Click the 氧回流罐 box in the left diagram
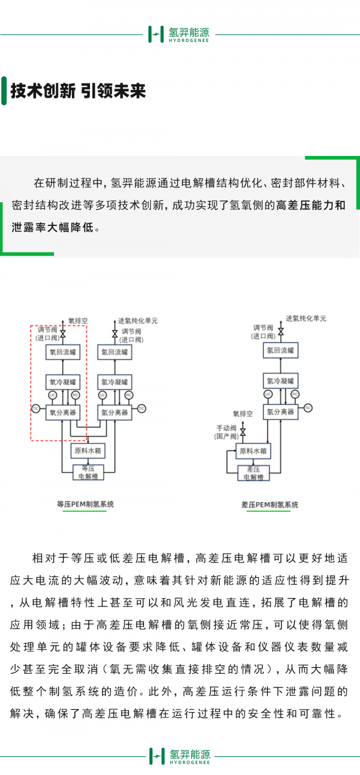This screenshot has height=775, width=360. pos(59,352)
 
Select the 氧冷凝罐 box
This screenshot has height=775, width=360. pos(59,382)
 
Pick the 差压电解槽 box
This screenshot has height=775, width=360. pos(253,473)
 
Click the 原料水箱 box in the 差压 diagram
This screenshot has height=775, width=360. pos(253,451)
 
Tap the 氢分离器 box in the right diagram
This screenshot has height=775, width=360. pos(280,411)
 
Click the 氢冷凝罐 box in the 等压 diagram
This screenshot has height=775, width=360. pos(114,382)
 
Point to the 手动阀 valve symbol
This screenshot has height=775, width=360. pos(243,432)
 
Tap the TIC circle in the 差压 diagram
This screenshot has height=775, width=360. pos(308,408)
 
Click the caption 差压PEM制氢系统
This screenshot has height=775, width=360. pos(270,505)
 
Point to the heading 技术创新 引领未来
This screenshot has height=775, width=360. pos(78,91)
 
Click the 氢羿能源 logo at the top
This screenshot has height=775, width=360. pos(179,34)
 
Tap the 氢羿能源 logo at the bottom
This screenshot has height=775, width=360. pos(179,756)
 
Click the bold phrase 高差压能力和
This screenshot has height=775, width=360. pos(310,205)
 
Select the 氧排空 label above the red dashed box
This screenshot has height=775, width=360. pos(78,321)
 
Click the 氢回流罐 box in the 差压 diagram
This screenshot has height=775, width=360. pos(280,351)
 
